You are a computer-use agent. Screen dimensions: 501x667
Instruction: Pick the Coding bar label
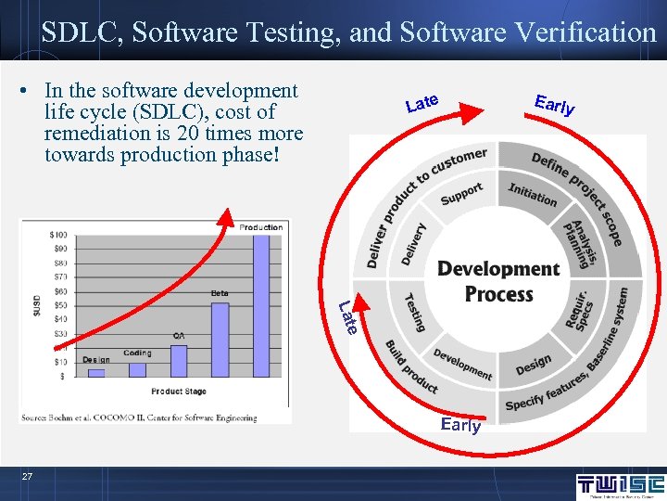pos(137,353)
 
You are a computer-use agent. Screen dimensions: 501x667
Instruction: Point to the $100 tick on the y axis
pos(58,234)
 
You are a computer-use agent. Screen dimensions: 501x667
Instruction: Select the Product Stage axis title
pos(179,392)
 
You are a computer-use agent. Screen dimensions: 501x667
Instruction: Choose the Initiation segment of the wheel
pos(533,194)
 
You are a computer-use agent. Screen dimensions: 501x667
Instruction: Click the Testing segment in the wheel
pos(414,312)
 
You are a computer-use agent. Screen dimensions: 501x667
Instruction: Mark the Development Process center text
pos(498,281)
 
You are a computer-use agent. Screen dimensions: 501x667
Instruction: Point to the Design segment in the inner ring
pos(534,365)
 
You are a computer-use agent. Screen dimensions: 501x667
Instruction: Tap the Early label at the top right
pos(554,105)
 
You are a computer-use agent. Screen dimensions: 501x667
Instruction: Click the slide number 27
pos(28,477)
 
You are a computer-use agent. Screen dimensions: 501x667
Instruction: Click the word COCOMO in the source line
pos(116,418)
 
